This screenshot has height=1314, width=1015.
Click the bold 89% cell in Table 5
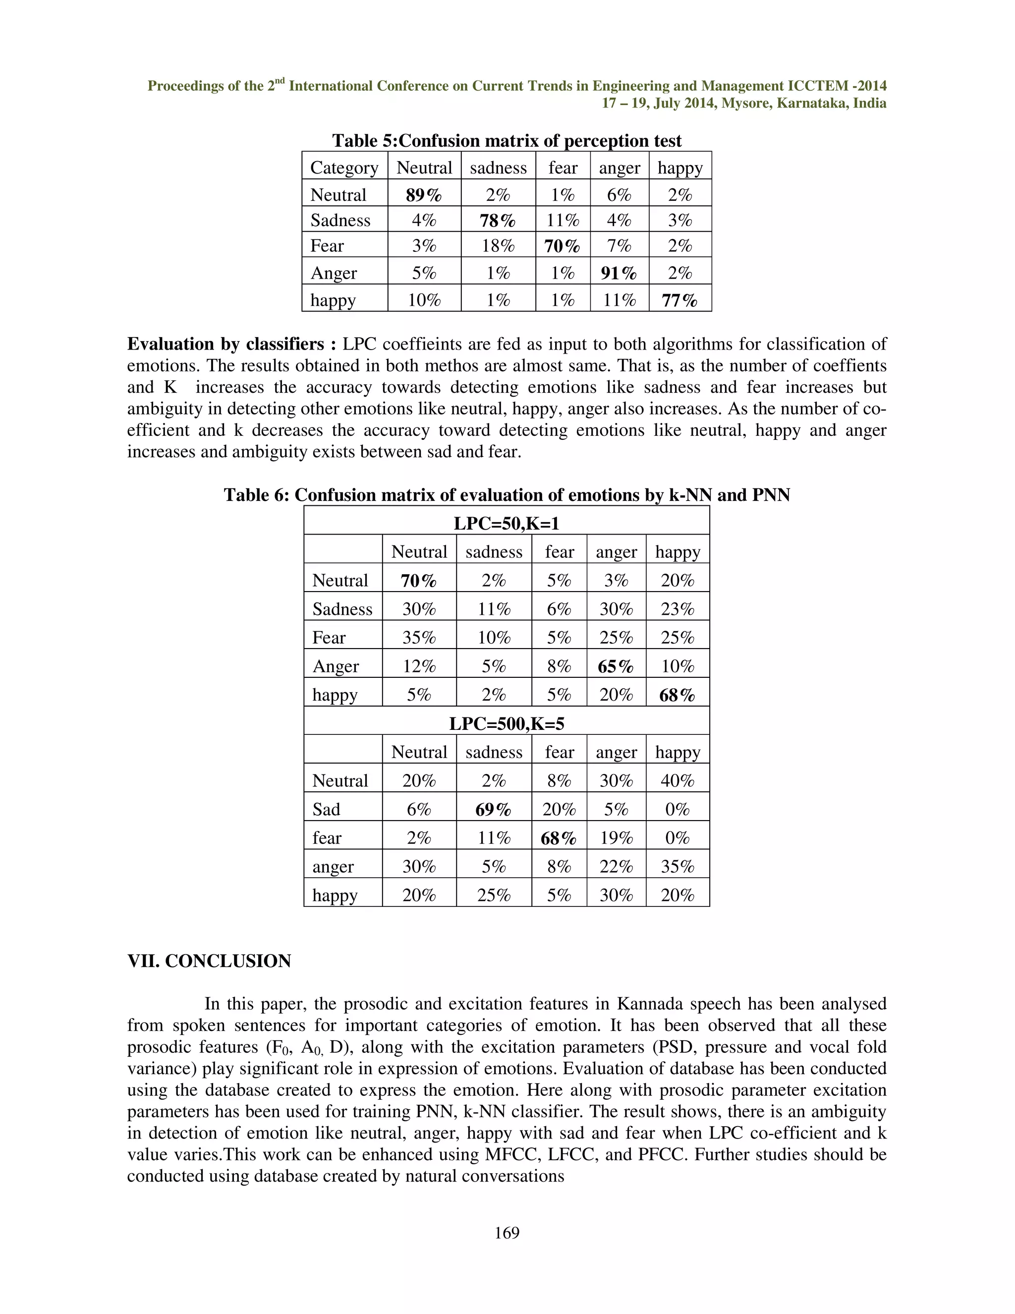(424, 195)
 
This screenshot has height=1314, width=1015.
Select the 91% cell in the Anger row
(619, 273)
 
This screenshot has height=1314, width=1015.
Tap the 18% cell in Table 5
(498, 245)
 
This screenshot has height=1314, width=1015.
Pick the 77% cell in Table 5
(679, 300)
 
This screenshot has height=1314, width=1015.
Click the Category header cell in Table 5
(344, 168)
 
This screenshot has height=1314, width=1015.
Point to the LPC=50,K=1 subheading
(507, 524)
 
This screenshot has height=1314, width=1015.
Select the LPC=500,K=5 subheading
(507, 724)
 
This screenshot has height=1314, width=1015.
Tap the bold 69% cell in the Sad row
(493, 810)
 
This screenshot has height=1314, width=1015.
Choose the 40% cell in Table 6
(677, 781)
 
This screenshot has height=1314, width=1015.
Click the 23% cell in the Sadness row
(677, 609)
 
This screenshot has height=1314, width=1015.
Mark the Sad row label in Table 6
(326, 810)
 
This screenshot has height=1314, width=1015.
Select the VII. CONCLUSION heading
(209, 961)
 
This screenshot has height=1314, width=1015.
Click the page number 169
(507, 1233)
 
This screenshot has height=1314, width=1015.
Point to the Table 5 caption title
(507, 141)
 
